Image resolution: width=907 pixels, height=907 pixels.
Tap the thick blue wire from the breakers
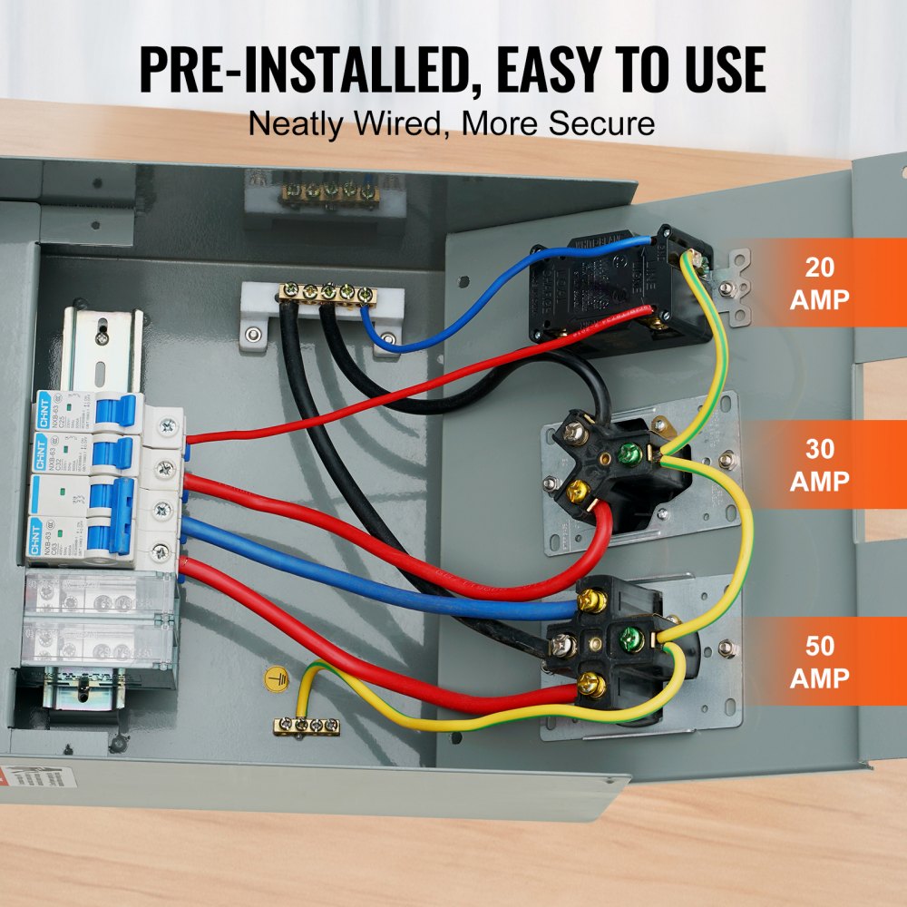[363, 567]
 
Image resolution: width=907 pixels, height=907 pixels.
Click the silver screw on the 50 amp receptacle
[561, 645]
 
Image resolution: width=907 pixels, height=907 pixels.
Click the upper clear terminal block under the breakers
[97, 593]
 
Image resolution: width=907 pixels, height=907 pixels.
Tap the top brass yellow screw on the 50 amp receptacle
[592, 600]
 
